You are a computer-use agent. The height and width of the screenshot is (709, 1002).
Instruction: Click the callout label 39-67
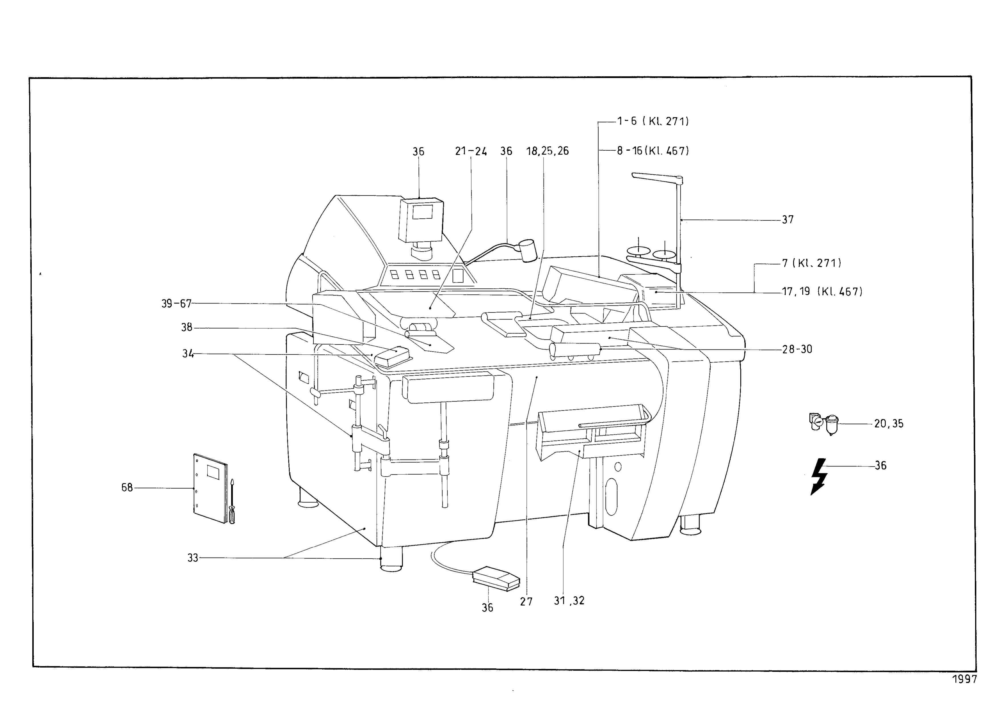click(176, 303)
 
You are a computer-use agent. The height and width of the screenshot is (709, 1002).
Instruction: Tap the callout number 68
click(127, 487)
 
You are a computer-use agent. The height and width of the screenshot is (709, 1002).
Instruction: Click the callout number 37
click(788, 219)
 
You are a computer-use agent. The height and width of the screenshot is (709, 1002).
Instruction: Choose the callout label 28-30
click(797, 349)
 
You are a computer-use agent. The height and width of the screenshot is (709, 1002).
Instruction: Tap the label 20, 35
click(889, 424)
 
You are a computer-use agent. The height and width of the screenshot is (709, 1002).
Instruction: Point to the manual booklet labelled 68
click(210, 488)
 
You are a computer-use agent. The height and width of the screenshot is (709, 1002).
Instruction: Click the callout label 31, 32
click(569, 601)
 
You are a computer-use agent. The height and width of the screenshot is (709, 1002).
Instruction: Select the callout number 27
click(526, 602)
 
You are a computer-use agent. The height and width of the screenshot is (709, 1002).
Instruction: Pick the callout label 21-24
click(471, 151)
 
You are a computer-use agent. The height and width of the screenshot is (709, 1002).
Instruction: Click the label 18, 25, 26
click(548, 151)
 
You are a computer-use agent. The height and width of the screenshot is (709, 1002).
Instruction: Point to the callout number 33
click(193, 558)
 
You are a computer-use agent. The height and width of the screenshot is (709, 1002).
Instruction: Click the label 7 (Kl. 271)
click(811, 263)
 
